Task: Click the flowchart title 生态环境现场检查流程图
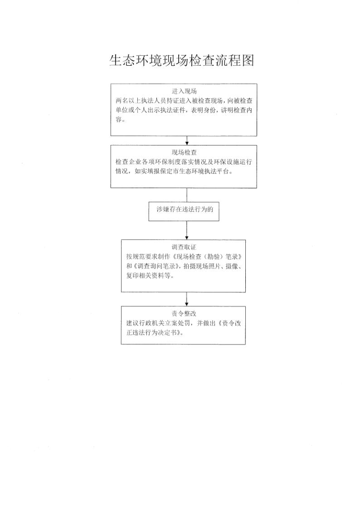[181, 60]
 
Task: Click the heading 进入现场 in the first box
[184, 91]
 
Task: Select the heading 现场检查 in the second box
[184, 152]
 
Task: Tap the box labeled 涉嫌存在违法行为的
[184, 211]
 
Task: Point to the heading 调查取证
[184, 247]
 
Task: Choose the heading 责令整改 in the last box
[184, 314]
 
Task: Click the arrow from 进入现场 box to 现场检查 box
[187, 141]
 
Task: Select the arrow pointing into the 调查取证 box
[187, 231]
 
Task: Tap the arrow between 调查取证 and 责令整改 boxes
[187, 299]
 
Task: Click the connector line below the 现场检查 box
[187, 195]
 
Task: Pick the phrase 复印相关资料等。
[150, 276]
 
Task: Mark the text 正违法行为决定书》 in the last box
[155, 333]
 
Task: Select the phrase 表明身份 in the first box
[203, 110]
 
